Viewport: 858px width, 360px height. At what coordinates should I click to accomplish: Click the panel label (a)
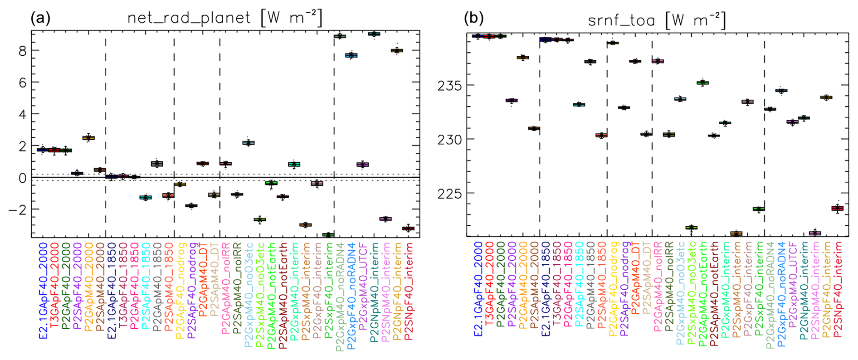40,18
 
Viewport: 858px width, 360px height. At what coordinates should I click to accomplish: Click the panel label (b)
473,18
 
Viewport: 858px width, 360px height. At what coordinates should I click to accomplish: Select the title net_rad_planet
189,18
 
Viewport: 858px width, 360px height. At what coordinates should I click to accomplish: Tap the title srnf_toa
621,20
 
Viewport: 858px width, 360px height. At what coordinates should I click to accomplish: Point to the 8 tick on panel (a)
22,51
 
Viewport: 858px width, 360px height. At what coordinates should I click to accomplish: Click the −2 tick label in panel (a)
19,209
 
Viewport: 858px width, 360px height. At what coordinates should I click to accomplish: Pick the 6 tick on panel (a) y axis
22,83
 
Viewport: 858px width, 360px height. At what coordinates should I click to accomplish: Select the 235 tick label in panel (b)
449,86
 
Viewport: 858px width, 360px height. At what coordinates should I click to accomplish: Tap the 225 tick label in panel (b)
449,194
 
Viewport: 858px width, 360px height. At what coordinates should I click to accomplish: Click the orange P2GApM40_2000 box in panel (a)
88,138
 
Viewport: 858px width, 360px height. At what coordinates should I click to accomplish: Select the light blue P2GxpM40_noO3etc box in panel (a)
249,143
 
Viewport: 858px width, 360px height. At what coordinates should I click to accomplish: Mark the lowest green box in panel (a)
328,234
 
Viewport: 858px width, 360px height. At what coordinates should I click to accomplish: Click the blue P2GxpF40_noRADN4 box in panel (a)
351,55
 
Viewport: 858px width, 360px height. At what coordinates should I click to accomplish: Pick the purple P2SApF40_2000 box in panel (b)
512,100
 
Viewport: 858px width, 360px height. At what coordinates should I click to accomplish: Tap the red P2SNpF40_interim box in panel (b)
837,208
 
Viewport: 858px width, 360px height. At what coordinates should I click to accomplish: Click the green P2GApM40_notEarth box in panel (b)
702,83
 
